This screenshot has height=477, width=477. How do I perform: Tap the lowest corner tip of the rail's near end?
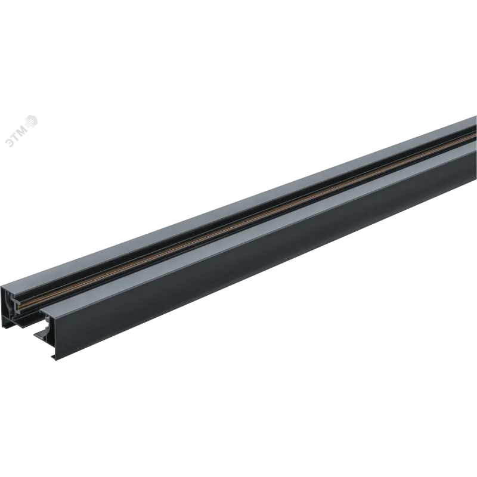tap(55, 361)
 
